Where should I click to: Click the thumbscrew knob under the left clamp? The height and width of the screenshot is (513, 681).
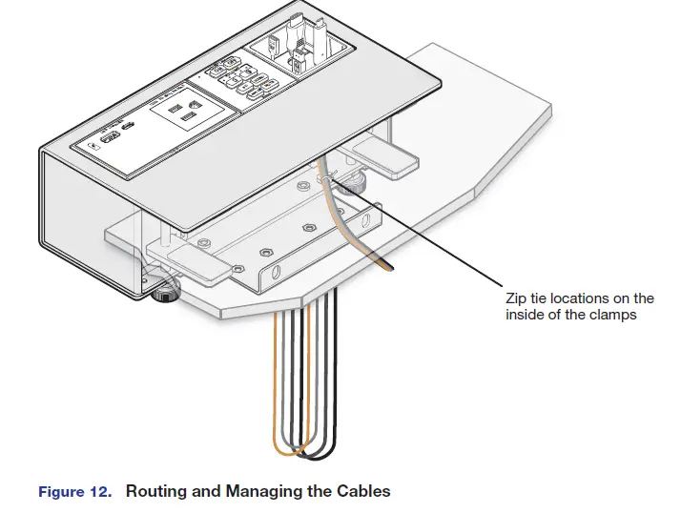pyautogui.click(x=166, y=290)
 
